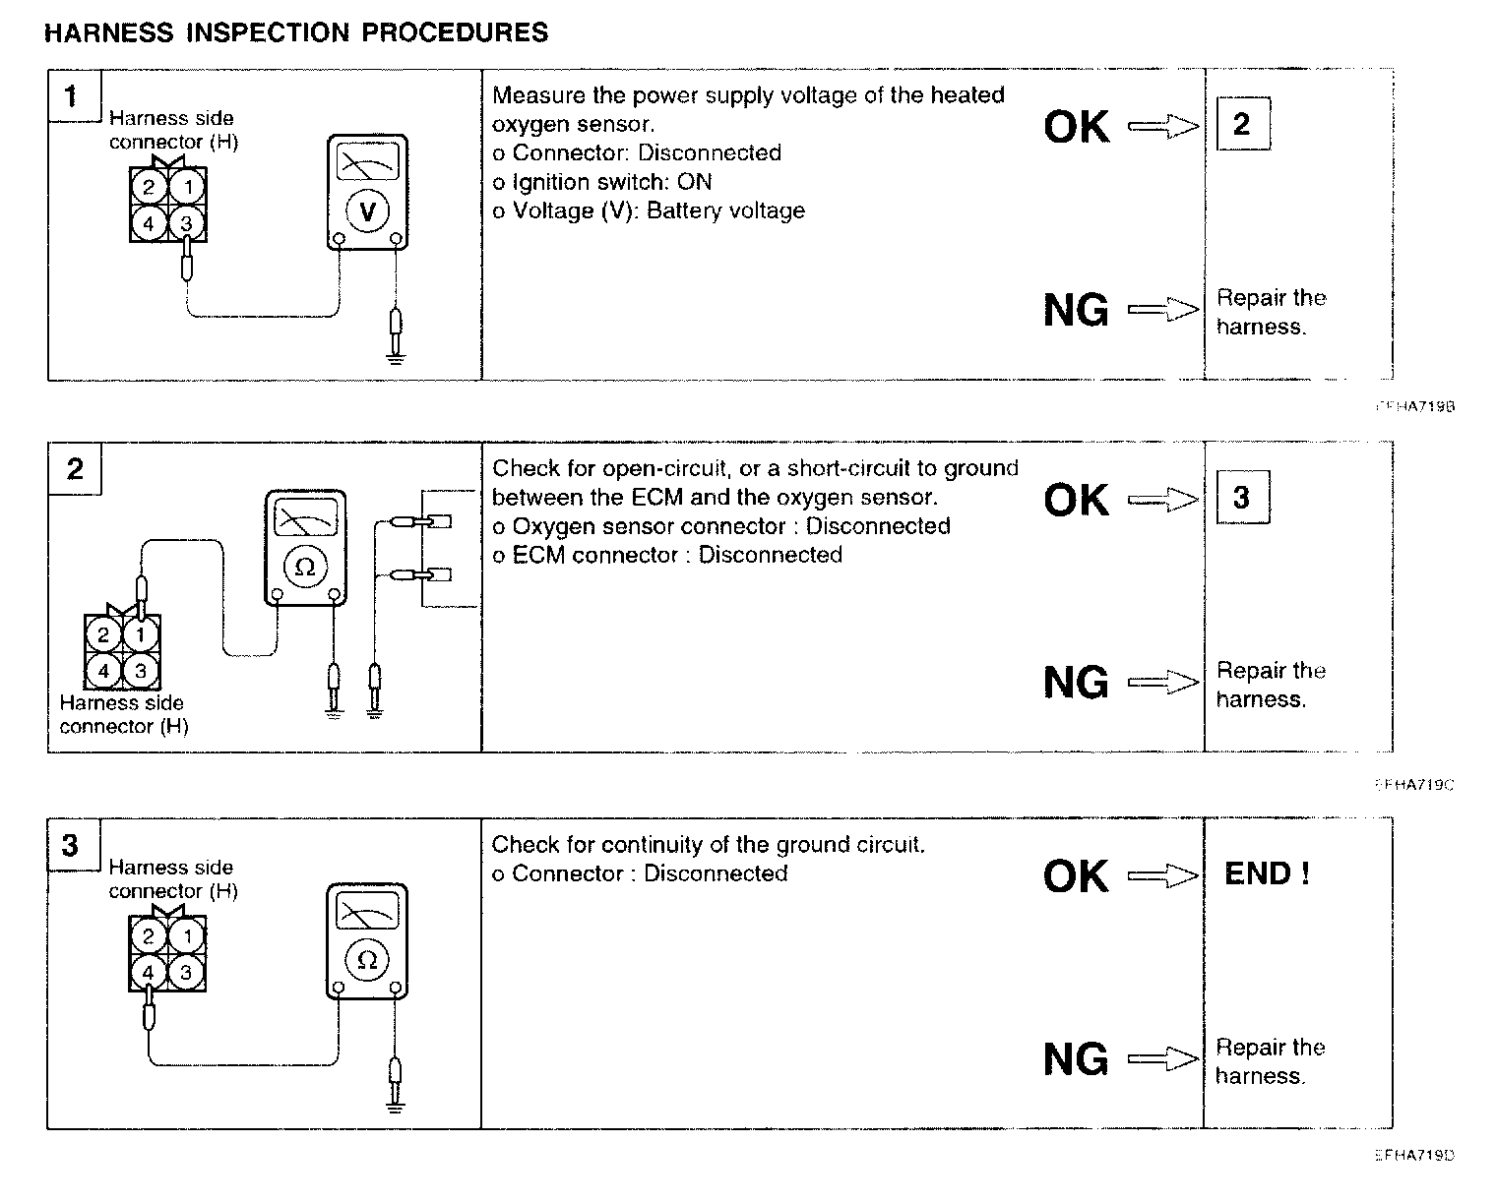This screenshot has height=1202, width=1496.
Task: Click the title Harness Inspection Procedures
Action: click(x=296, y=32)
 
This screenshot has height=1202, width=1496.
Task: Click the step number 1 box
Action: click(x=72, y=96)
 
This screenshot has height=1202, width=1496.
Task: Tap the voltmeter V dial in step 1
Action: click(x=367, y=210)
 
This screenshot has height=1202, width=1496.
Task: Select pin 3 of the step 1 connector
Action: click(x=187, y=223)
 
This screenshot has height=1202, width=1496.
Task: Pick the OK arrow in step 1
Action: click(x=1163, y=127)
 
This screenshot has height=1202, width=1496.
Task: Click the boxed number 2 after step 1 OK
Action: click(x=1241, y=124)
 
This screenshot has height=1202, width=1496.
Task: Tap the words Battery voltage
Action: click(x=725, y=211)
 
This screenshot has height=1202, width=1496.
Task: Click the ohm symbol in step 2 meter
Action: click(x=305, y=567)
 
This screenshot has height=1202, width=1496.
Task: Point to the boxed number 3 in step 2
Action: click(x=1241, y=498)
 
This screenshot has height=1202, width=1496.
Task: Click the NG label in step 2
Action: click(x=1076, y=683)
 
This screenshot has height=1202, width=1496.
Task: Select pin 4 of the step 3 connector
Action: click(x=149, y=973)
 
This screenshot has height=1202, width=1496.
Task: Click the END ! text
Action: click(x=1267, y=873)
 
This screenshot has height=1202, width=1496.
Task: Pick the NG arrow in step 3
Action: click(x=1163, y=1059)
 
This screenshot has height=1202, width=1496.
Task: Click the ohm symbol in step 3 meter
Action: click(x=367, y=960)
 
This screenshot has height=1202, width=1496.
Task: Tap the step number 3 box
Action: click(x=72, y=846)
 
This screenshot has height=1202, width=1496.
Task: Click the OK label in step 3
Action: click(x=1076, y=875)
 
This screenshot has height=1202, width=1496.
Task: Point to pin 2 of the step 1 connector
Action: click(x=149, y=187)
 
